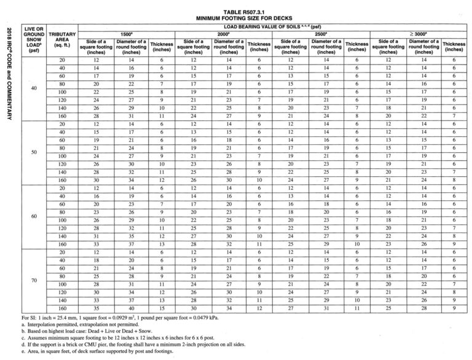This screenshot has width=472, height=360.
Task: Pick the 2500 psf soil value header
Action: click(320, 36)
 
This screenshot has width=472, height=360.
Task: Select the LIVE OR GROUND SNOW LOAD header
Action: click(33, 41)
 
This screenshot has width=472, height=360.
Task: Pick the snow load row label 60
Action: click(33, 216)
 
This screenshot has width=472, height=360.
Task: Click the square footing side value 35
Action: click(94, 307)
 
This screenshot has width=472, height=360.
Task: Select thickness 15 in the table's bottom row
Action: click(162, 307)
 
